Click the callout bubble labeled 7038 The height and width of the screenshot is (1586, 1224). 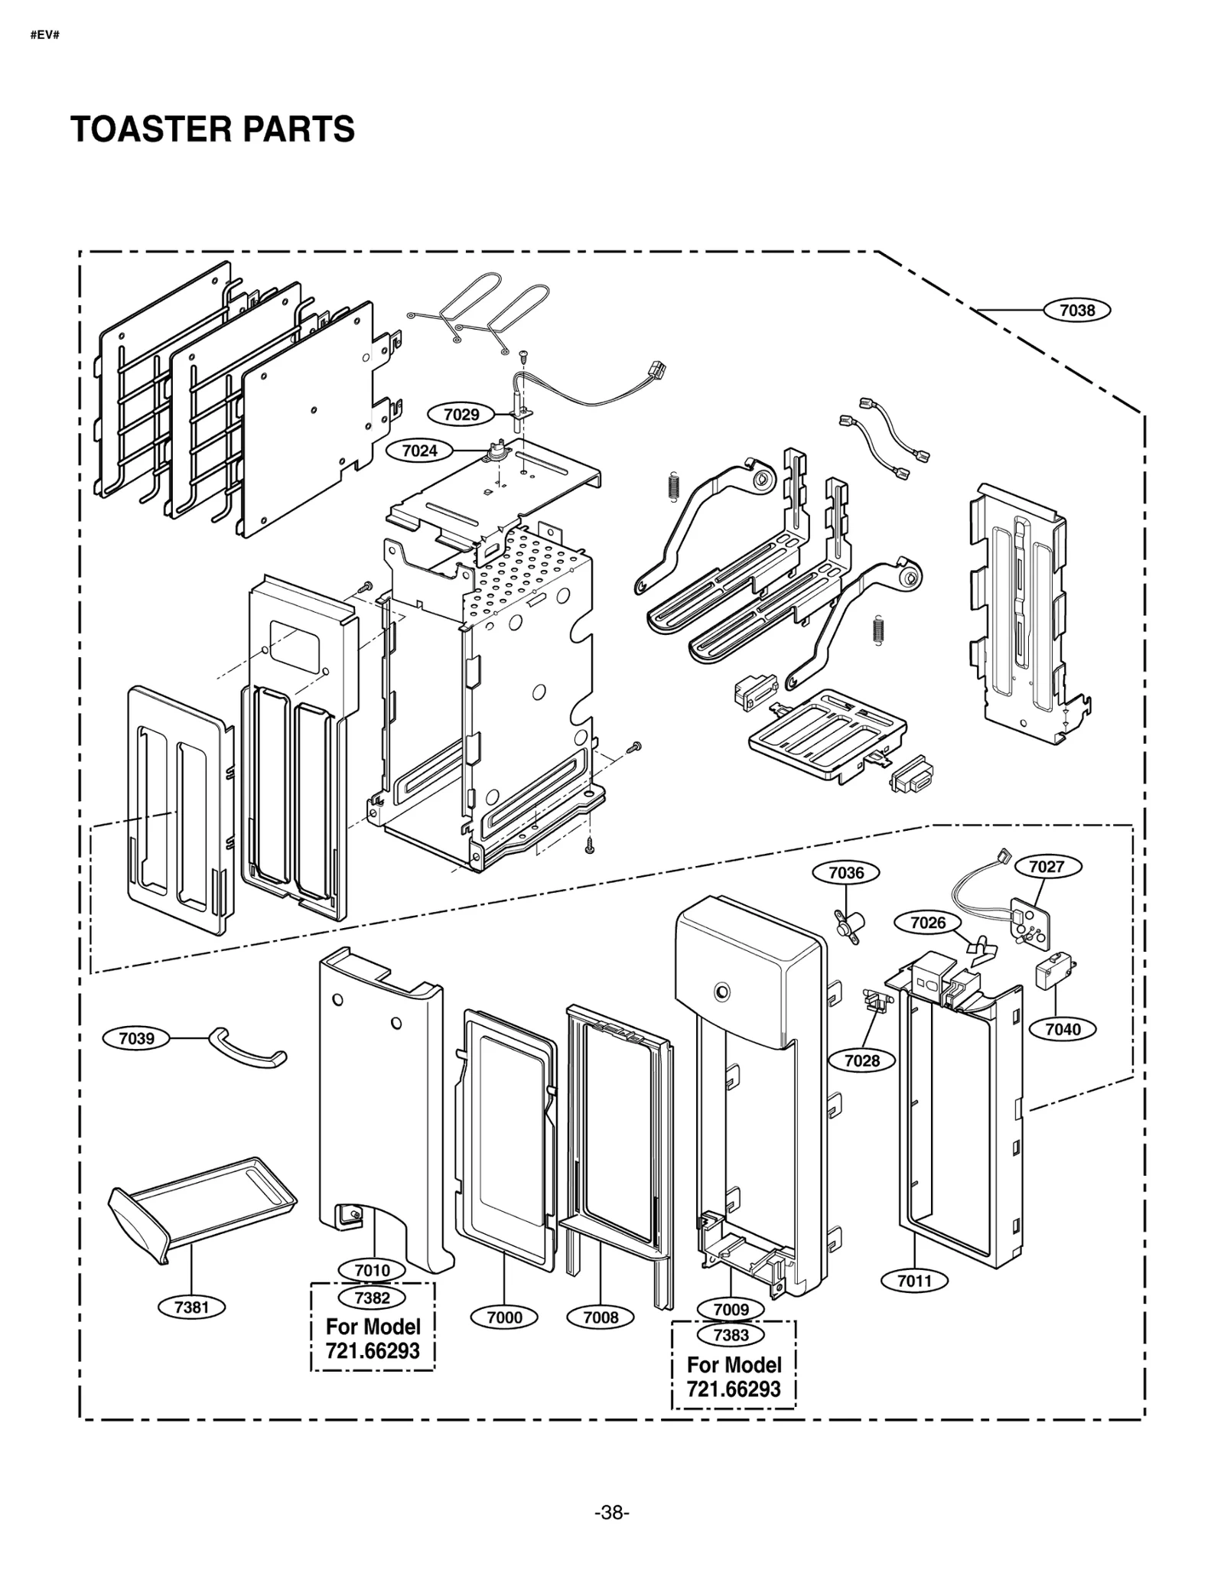(x=1076, y=310)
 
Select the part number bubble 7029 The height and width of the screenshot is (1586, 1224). (x=461, y=415)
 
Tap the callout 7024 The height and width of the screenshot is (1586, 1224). (x=419, y=451)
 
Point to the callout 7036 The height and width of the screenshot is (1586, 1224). (x=846, y=872)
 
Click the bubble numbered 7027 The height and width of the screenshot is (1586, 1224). (x=1047, y=866)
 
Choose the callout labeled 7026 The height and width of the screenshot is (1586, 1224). (x=928, y=923)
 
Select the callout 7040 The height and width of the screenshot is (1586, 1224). (x=1063, y=1029)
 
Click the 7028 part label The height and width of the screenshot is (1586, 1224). (x=862, y=1060)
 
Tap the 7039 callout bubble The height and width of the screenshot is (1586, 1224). (x=137, y=1038)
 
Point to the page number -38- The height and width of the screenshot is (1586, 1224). (x=611, y=1513)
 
